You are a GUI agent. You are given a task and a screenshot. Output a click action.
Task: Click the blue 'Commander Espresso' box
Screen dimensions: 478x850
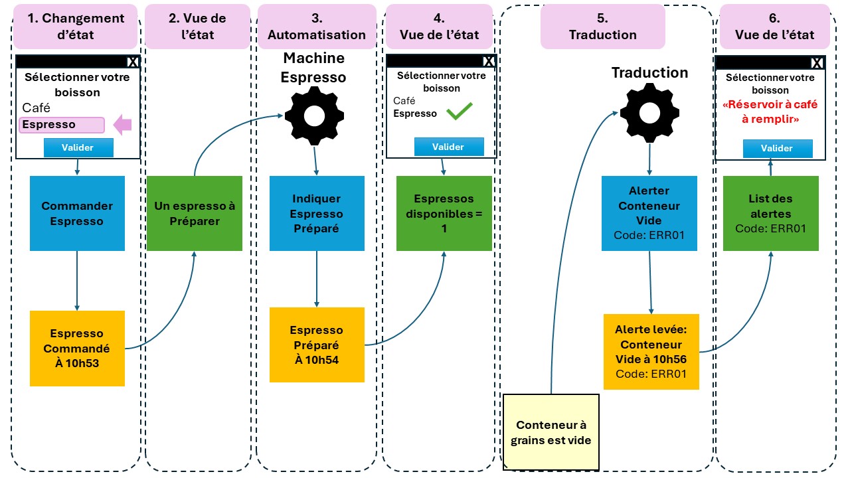[x=77, y=213]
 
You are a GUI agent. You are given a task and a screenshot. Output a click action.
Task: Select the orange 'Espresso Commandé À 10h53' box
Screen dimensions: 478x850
[x=77, y=349]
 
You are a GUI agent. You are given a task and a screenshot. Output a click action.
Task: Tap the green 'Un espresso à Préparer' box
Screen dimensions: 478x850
[x=195, y=213]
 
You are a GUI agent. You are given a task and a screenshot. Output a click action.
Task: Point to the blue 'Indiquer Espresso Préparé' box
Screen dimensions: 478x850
[x=316, y=213]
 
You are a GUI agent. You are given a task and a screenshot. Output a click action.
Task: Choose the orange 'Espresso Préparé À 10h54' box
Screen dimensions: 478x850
[x=317, y=345]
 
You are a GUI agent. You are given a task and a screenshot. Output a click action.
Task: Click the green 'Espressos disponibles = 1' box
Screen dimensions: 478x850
[x=444, y=213]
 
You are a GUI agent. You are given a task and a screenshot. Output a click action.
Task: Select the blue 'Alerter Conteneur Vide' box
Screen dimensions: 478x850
[x=649, y=213]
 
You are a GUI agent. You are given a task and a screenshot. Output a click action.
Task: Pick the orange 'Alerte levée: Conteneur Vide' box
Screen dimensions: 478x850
[x=651, y=351]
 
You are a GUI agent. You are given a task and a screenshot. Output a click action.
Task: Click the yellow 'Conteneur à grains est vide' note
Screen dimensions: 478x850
[x=551, y=432]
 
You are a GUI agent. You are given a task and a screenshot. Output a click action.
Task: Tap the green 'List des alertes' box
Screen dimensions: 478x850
[x=770, y=213]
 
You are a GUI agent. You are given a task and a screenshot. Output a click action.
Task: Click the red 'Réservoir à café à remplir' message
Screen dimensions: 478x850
[x=770, y=111]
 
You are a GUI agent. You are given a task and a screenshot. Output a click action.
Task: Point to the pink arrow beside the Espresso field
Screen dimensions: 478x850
[x=123, y=125]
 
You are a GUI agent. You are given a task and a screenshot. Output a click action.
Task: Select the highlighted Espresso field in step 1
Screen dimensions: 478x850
[x=62, y=125]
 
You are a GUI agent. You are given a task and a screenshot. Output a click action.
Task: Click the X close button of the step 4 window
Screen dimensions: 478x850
[x=489, y=61]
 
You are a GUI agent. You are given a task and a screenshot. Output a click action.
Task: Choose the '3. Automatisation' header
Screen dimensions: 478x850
[x=316, y=27]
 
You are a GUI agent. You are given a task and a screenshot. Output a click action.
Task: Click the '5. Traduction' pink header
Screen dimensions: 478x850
[x=602, y=27]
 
